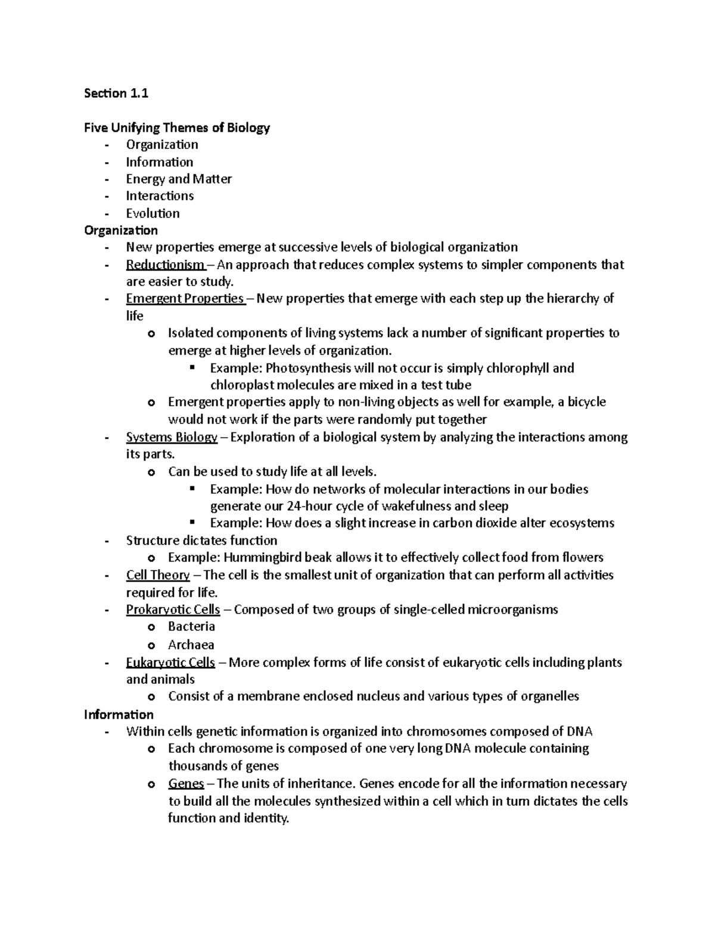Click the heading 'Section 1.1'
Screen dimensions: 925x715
click(x=116, y=93)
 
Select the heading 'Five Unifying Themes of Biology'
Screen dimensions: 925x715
click(x=177, y=127)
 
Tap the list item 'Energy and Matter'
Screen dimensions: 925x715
click(x=179, y=179)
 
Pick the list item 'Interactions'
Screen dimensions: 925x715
click(x=160, y=196)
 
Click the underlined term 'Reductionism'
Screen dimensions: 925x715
click(x=164, y=264)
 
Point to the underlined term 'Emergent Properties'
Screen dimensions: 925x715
click(x=185, y=298)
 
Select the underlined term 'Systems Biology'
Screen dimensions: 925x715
click(x=172, y=437)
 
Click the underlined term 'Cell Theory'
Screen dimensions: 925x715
click(x=158, y=575)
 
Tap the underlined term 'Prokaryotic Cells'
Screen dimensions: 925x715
click(x=173, y=609)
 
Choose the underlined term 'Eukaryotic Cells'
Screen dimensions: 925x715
click(x=170, y=662)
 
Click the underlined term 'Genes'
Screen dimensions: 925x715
click(x=186, y=784)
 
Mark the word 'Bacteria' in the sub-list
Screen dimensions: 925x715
click(x=191, y=627)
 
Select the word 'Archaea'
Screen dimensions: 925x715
click(x=191, y=644)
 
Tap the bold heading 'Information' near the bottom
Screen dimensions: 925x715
click(x=119, y=714)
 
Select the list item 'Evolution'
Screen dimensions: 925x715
click(x=153, y=213)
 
